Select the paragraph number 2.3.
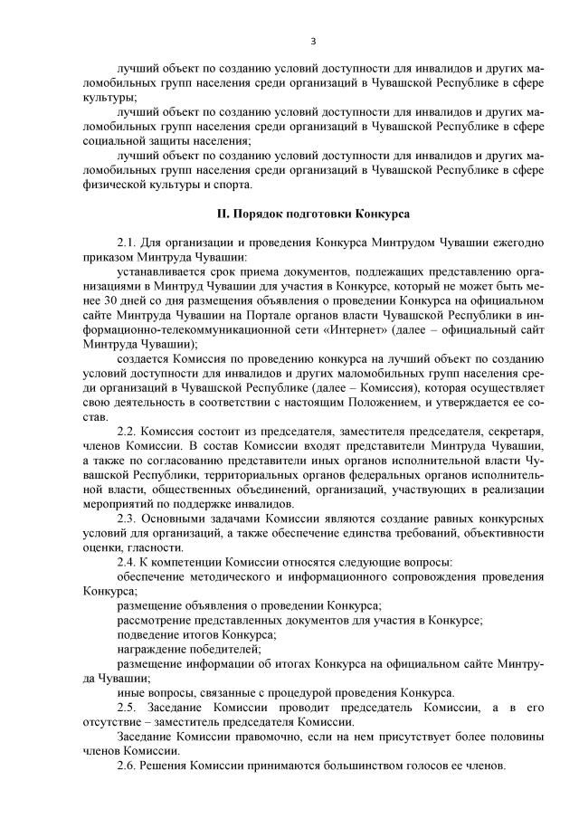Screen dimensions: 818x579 [128, 518]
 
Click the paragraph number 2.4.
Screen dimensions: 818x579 [128, 562]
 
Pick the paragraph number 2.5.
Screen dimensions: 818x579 [128, 706]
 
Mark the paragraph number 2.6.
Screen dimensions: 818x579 [128, 764]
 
